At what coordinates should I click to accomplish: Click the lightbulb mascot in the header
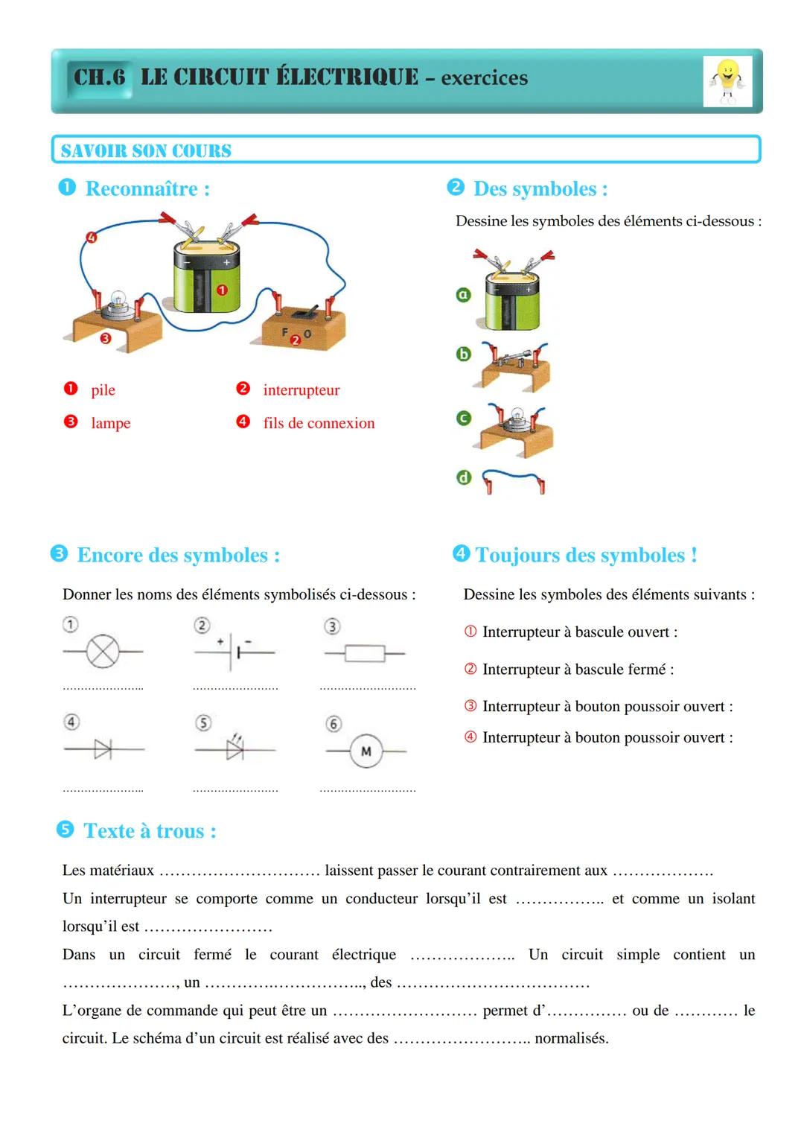727,82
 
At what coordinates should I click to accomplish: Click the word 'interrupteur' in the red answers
301,390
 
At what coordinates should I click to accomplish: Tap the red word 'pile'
103,390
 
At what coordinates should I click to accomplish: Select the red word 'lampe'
110,423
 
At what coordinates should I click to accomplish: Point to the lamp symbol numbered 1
103,652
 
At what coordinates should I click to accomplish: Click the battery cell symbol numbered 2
234,652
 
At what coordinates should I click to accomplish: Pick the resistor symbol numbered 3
365,654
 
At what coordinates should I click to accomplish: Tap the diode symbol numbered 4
103,749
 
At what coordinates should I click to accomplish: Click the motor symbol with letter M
366,751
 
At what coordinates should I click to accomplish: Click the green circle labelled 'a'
463,295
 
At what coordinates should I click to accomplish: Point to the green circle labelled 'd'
463,477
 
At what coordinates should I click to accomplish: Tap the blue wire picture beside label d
514,480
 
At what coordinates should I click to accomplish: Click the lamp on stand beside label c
514,427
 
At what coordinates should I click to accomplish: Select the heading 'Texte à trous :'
150,831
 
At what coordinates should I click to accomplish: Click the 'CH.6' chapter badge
100,77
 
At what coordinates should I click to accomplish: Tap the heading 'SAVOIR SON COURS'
146,150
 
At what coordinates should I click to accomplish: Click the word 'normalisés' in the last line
571,1038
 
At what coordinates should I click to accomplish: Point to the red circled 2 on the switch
296,340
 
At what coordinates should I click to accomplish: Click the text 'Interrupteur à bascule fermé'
574,670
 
